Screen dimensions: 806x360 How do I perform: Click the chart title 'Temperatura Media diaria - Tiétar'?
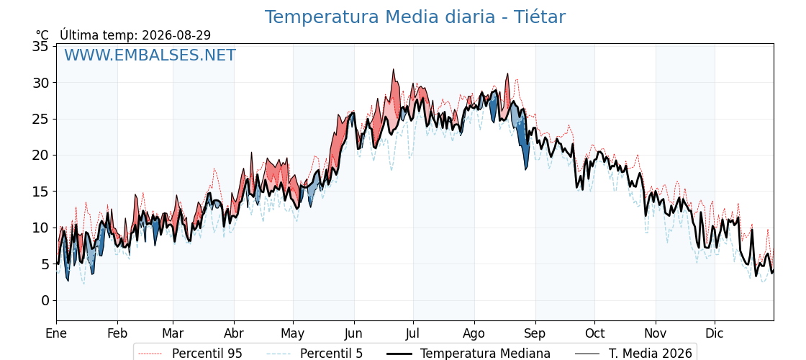pos(415,17)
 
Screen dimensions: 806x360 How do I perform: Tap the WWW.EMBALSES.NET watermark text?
pos(150,55)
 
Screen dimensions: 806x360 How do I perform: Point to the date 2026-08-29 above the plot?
pos(176,35)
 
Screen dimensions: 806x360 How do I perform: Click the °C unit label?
pos(42,35)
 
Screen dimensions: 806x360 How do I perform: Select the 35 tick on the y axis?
pos(40,46)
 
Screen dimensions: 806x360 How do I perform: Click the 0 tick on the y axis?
pos(45,300)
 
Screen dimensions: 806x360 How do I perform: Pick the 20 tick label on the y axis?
pos(40,156)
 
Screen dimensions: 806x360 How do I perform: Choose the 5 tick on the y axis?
pos(45,264)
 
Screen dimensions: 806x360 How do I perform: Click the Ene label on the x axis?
pos(56,334)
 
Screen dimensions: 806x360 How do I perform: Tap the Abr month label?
pos(234,334)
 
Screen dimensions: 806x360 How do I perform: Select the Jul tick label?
pos(413,334)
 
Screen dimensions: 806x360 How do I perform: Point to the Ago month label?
pos(474,334)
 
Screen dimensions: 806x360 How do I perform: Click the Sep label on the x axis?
pos(535,334)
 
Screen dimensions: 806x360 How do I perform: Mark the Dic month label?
pos(715,334)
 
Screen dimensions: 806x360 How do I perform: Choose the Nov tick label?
pos(656,334)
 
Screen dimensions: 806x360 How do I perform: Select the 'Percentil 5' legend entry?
pos(315,354)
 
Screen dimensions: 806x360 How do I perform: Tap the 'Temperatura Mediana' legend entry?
pos(468,354)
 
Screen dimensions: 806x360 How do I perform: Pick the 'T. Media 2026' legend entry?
pos(634,354)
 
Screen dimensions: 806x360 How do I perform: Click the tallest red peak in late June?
pos(393,70)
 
